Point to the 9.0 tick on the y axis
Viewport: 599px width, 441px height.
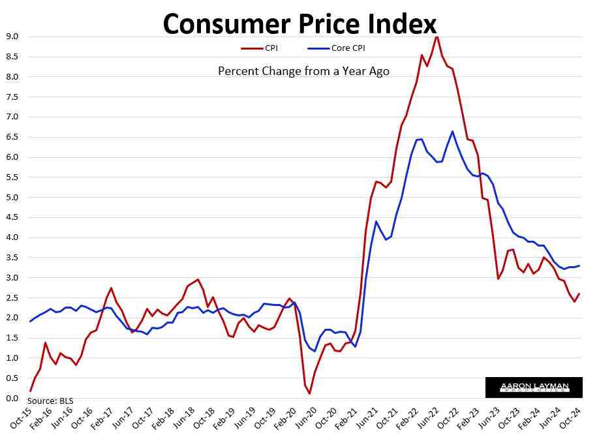point(12,37)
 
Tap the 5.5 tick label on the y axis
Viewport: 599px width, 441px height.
point(12,177)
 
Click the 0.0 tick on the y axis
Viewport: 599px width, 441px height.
point(12,399)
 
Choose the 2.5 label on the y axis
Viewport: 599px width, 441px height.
point(12,298)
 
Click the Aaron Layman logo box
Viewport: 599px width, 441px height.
point(534,388)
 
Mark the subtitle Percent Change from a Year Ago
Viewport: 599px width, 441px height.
point(303,71)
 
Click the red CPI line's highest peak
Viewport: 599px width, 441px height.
point(437,37)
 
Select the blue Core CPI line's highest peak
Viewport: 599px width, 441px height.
point(452,131)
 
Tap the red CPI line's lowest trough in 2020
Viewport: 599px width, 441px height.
point(309,393)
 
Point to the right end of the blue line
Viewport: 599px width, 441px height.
point(580,266)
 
